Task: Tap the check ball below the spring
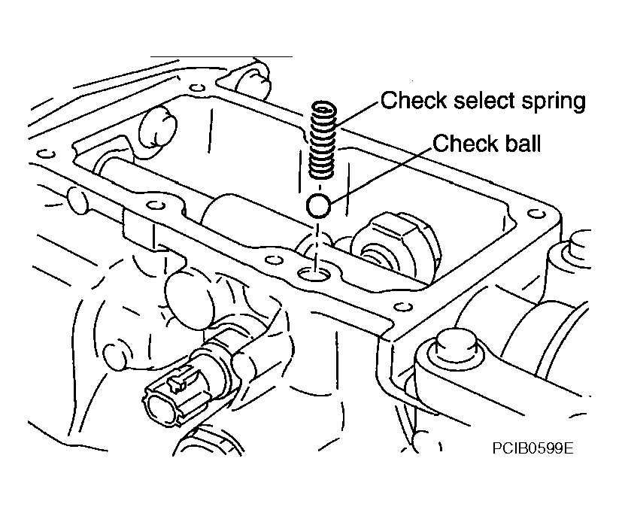(x=318, y=206)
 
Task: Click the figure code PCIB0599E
(x=533, y=448)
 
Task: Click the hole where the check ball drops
(x=314, y=273)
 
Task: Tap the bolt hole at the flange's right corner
(x=536, y=214)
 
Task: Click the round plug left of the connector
(x=114, y=357)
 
